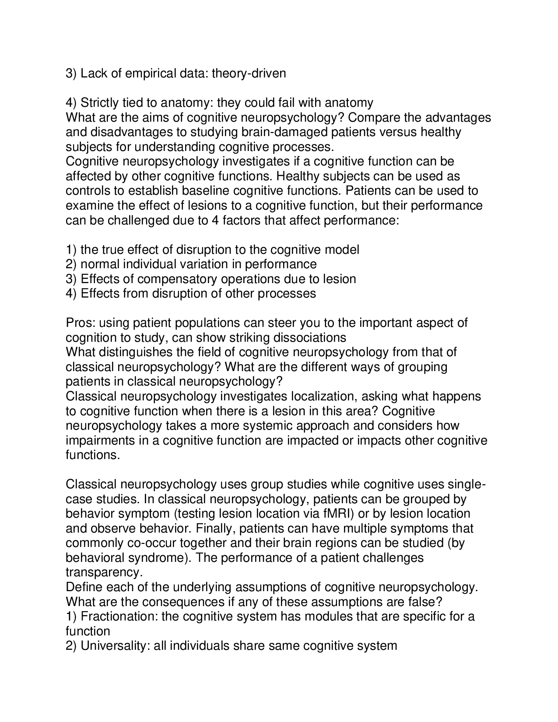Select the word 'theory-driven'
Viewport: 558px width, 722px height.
pos(249,74)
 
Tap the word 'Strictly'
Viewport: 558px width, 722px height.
pos(100,103)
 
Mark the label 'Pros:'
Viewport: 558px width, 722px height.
pos(81,323)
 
